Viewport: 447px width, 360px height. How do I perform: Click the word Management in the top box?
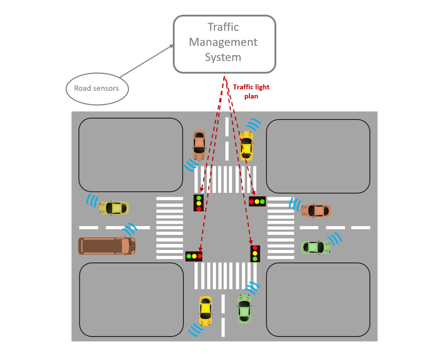click(x=223, y=42)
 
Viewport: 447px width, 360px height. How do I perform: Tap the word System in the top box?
click(x=223, y=57)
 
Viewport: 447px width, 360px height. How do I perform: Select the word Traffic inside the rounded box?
click(x=223, y=27)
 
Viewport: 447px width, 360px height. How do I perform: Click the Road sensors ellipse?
click(x=97, y=89)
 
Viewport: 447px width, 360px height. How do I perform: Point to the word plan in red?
click(x=251, y=96)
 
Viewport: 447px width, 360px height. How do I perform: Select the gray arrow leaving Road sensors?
click(x=146, y=62)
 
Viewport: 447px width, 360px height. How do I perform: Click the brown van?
click(x=107, y=246)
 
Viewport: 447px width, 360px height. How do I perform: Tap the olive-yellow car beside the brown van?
click(x=114, y=208)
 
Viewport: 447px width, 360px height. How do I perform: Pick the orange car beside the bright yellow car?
click(x=199, y=145)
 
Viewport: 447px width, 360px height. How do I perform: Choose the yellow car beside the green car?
click(x=205, y=311)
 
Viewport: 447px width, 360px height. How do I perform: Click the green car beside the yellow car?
click(x=244, y=309)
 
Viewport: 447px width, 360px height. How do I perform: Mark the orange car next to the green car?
click(x=316, y=211)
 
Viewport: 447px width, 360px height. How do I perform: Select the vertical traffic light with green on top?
click(x=199, y=203)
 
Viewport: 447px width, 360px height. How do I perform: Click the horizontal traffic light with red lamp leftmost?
click(x=257, y=201)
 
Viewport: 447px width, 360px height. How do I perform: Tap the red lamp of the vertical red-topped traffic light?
click(x=255, y=248)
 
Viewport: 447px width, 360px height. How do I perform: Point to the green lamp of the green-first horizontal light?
click(x=189, y=256)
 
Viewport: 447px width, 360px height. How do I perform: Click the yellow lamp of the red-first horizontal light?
click(x=257, y=201)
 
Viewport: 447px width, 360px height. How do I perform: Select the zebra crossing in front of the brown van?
click(x=170, y=228)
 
